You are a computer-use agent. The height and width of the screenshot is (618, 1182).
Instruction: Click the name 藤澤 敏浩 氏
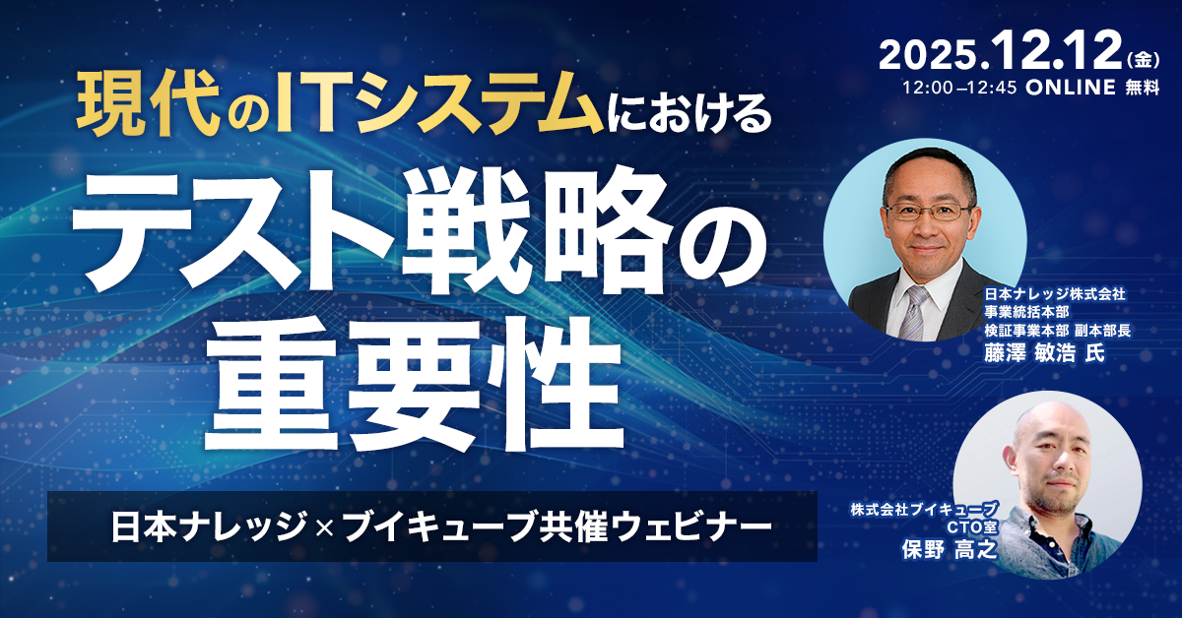click(x=1037, y=353)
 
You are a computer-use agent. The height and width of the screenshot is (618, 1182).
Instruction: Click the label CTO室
click(x=972, y=527)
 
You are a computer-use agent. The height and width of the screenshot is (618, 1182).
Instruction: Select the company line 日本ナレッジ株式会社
click(x=1053, y=294)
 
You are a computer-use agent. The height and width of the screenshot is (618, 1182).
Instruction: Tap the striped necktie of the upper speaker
click(x=914, y=310)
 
